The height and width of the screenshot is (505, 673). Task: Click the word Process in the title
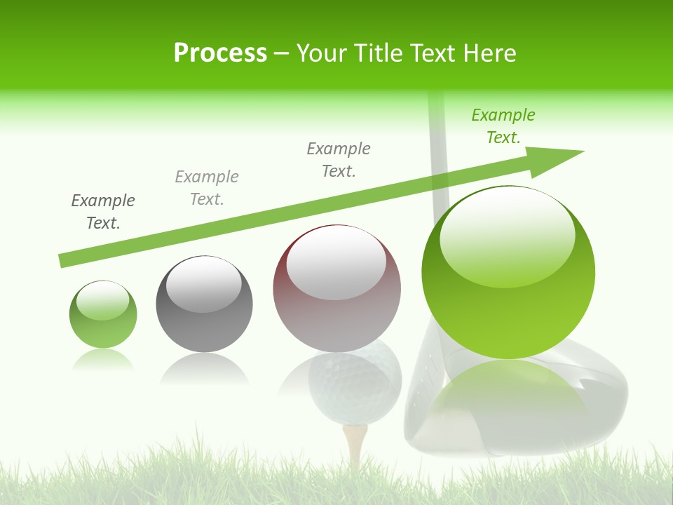pyautogui.click(x=220, y=53)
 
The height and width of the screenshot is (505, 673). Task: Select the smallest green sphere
pyautogui.click(x=103, y=314)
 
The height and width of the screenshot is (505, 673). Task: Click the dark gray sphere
pyautogui.click(x=204, y=304)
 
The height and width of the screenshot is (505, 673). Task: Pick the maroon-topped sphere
pyautogui.click(x=336, y=288)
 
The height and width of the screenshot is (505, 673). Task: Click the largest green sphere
pyautogui.click(x=508, y=272)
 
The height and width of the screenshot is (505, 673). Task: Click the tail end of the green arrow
pyautogui.click(x=64, y=261)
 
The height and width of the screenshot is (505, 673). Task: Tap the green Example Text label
pyautogui.click(x=503, y=126)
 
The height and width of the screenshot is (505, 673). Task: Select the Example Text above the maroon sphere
pyautogui.click(x=339, y=159)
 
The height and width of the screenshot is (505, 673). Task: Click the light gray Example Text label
pyautogui.click(x=207, y=187)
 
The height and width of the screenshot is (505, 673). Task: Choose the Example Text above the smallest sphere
pyautogui.click(x=103, y=211)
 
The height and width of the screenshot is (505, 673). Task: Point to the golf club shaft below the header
pyautogui.click(x=438, y=154)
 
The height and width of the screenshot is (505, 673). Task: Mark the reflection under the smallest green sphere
pyautogui.click(x=103, y=360)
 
